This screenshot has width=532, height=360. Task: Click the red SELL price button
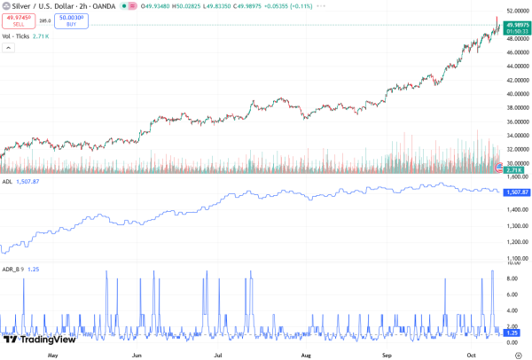point(18,20)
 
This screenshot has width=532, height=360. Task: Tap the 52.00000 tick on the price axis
point(516,10)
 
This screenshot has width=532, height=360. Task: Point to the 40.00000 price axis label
point(516,93)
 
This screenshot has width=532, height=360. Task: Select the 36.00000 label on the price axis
point(516,121)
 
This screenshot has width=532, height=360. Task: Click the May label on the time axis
point(52,354)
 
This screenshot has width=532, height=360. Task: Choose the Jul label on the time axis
point(218,354)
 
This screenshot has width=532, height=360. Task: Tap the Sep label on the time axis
point(387,354)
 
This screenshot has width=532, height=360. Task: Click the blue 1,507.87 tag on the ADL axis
point(516,192)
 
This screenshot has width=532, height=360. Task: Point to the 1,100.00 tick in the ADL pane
point(516,258)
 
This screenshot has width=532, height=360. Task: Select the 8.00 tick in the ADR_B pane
point(513,278)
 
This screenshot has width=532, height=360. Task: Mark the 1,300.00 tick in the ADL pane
point(516,226)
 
